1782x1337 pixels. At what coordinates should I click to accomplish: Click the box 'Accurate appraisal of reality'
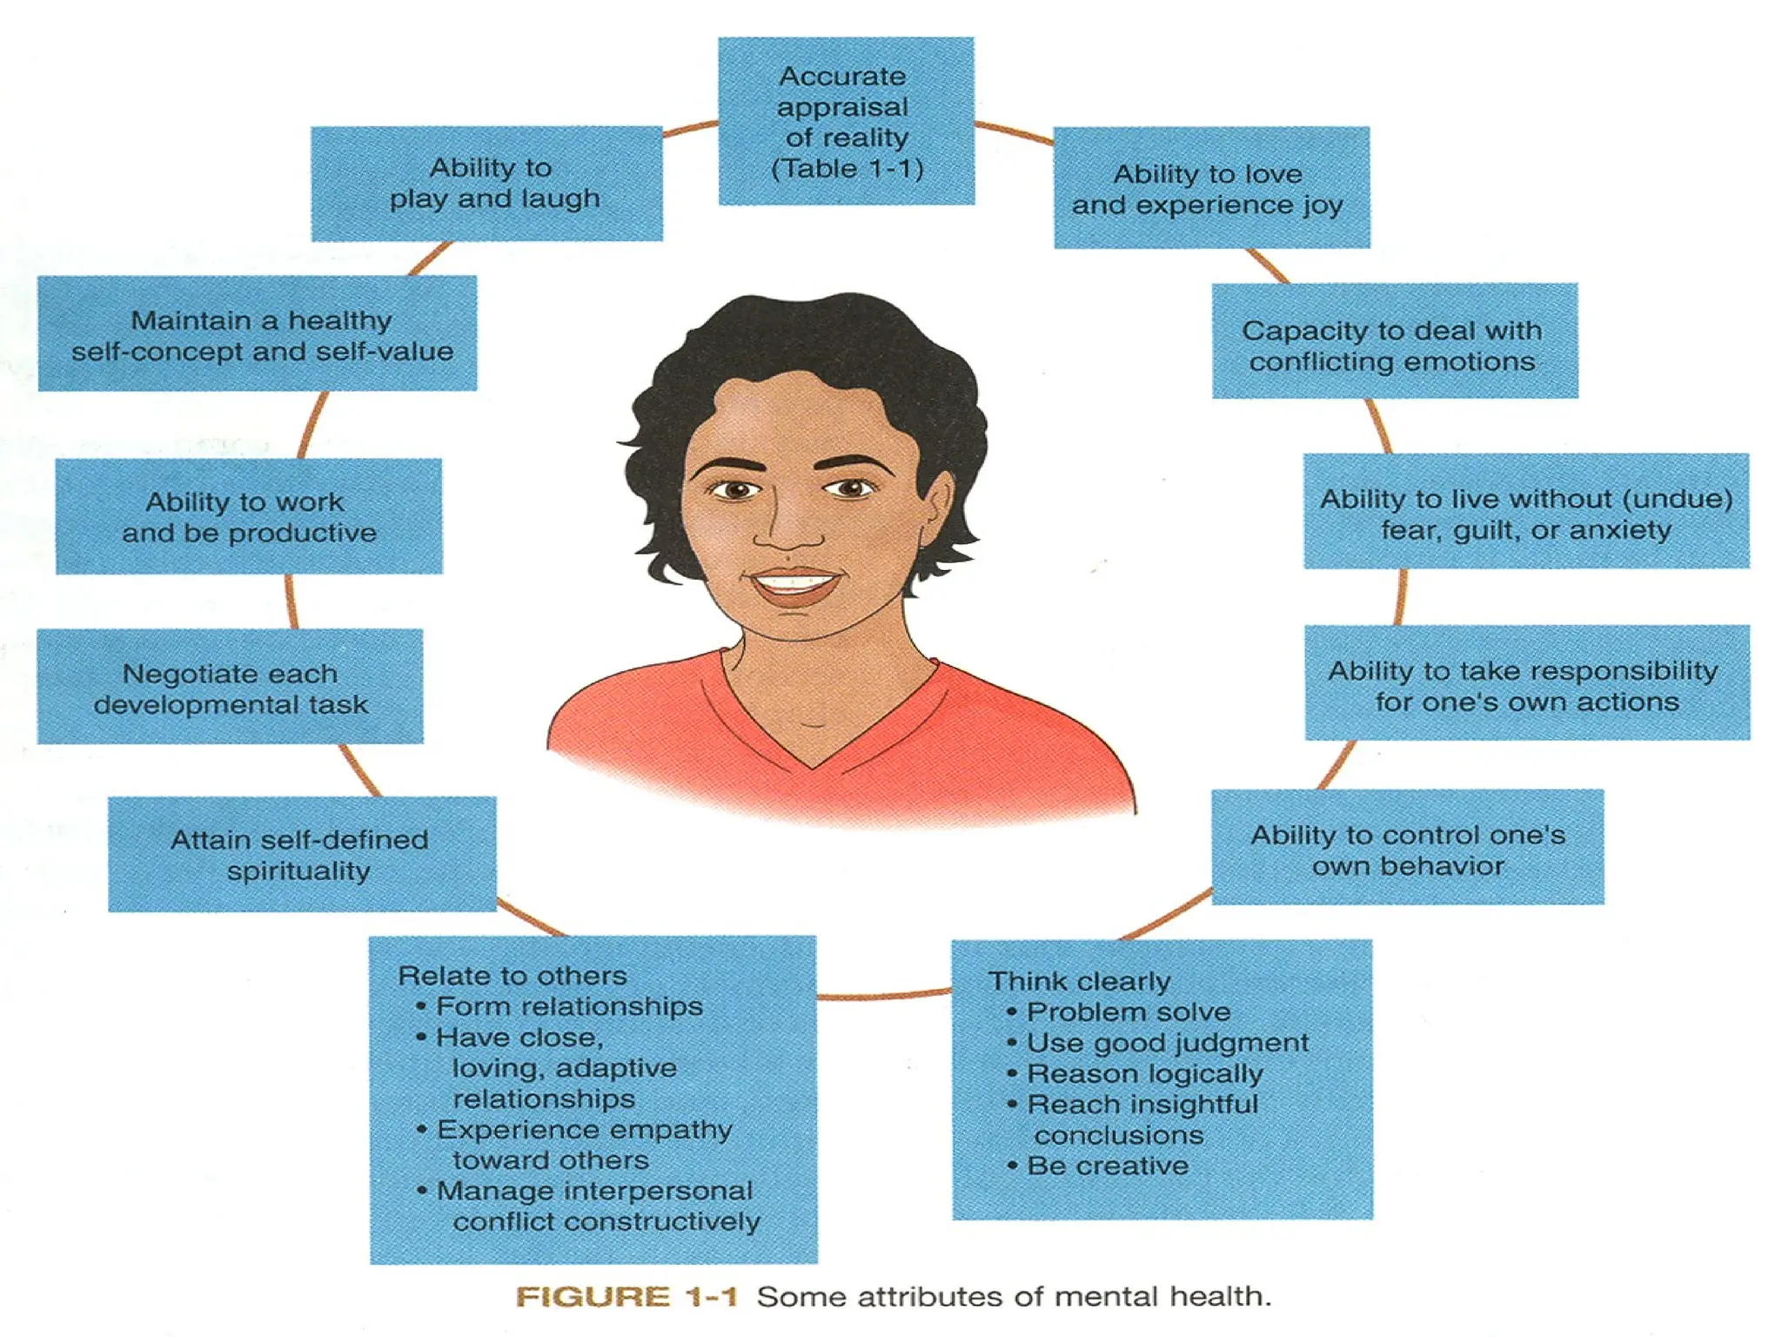point(846,121)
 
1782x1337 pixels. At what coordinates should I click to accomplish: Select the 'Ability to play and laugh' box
point(486,184)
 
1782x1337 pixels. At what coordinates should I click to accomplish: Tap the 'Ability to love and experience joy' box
point(1211,188)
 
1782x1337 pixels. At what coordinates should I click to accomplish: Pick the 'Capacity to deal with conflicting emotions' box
point(1394,341)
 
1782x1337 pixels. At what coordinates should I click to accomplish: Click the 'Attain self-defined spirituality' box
point(301,854)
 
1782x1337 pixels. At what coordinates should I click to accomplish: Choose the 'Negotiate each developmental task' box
point(230,687)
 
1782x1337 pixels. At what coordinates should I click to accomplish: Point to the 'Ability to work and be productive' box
point(249,516)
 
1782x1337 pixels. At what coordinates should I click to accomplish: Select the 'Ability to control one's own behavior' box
point(1407,848)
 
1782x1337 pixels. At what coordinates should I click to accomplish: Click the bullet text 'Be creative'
point(1107,1166)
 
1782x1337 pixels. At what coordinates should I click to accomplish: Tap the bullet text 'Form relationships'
point(569,1007)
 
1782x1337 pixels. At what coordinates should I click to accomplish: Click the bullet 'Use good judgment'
point(1167,1043)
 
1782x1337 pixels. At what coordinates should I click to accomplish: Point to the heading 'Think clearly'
point(1079,982)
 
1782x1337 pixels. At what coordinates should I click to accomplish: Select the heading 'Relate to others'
point(512,976)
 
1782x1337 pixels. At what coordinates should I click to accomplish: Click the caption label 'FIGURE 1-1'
point(626,1297)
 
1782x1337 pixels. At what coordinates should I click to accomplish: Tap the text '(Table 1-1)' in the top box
point(847,168)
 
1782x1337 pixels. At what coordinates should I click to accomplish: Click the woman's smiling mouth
point(795,582)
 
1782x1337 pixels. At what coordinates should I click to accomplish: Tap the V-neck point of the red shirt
point(813,766)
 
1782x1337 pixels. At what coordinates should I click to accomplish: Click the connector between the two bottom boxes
point(884,994)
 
